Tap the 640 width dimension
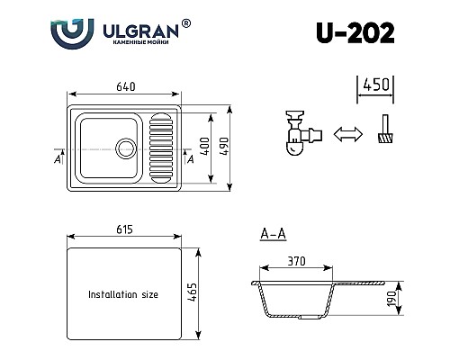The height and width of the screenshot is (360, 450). coord(125,86)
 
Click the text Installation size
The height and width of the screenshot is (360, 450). coord(124,294)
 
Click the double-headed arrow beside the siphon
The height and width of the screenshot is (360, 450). coord(345,135)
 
